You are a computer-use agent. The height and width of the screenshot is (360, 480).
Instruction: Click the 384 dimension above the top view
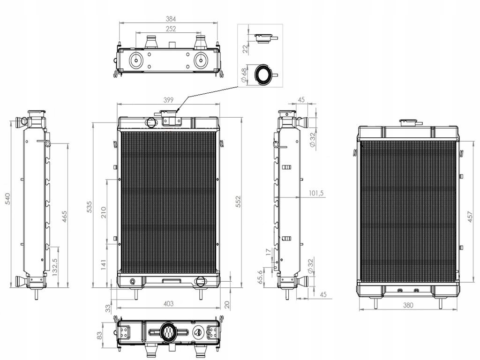[x=171, y=19]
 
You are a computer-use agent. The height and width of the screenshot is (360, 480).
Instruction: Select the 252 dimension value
[x=171, y=29]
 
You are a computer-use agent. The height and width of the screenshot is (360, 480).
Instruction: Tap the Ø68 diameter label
[x=244, y=75]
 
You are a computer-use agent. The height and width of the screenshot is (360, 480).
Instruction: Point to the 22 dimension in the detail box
[x=245, y=48]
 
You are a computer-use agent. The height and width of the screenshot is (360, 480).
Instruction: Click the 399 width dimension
[x=168, y=100]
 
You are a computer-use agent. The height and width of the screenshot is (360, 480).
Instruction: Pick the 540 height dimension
[x=7, y=199]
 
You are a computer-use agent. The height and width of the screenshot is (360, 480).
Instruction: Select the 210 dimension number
[x=104, y=212]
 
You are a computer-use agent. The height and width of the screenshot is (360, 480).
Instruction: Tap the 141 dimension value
[x=104, y=265]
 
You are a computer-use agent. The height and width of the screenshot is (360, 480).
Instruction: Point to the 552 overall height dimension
[x=239, y=202]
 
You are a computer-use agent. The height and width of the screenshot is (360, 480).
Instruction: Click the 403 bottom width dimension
[x=168, y=303]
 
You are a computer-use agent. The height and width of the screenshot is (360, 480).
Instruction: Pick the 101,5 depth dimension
[x=316, y=193]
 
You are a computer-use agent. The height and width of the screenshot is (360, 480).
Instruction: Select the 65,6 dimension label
[x=261, y=277]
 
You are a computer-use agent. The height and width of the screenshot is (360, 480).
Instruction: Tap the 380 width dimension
[x=408, y=305]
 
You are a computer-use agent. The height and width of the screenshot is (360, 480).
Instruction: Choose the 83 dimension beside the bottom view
[x=99, y=336]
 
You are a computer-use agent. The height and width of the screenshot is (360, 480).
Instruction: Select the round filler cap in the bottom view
[x=168, y=331]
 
